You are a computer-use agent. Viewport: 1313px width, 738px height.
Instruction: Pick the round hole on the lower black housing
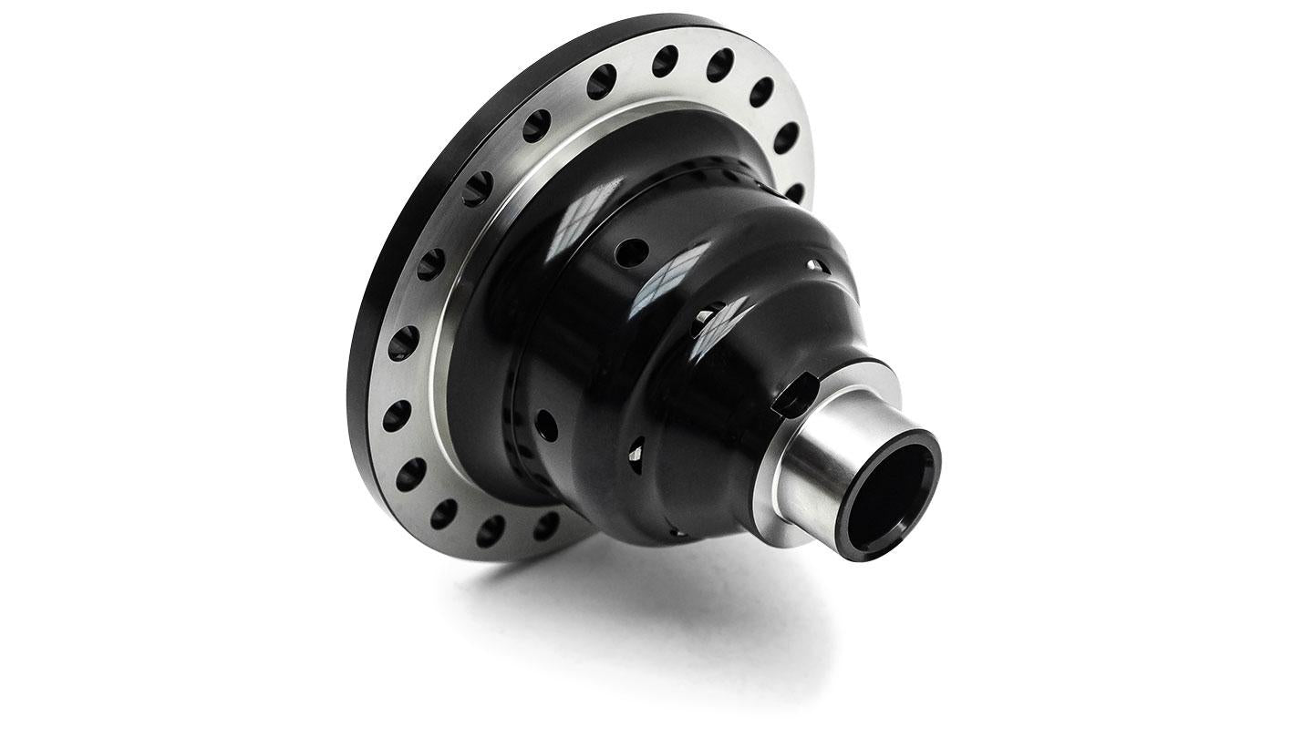[x=546, y=424]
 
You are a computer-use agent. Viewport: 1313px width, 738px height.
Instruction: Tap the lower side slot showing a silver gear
[x=636, y=447]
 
